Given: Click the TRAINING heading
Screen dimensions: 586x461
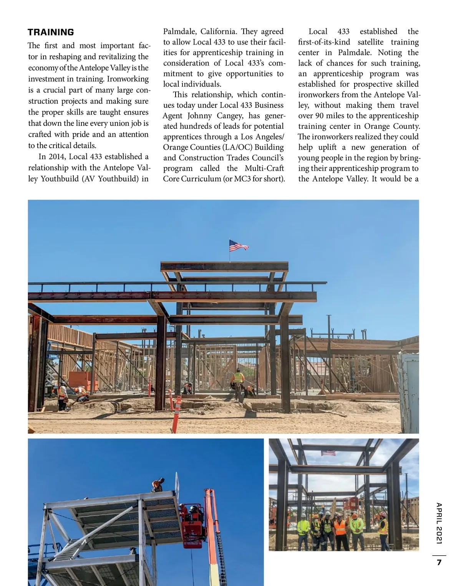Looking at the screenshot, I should click(51, 32).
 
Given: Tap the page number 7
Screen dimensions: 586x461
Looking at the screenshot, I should click(439, 563).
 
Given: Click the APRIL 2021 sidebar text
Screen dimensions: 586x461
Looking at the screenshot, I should click(439, 523).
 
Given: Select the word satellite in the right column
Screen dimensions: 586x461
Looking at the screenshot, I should click(370, 42).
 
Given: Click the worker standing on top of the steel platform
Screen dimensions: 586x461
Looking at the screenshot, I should click(158, 485).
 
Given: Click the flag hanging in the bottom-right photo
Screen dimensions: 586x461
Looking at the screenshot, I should click(328, 453).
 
